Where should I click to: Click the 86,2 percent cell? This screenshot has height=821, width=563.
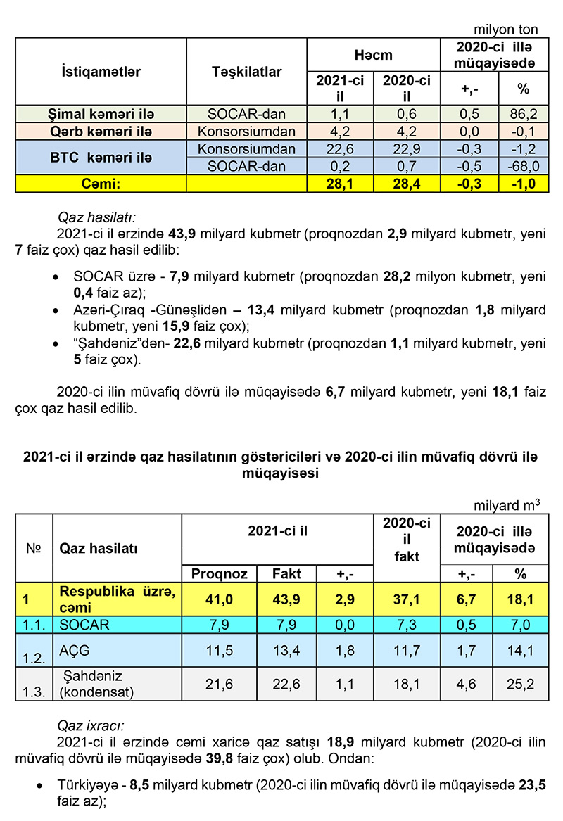coord(523,114)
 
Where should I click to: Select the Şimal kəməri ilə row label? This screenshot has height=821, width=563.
coord(101,114)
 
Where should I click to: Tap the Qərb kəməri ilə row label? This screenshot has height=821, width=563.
coord(101,132)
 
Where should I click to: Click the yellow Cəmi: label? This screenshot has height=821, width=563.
coord(101,184)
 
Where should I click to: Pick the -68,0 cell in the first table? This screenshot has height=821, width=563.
coord(523,167)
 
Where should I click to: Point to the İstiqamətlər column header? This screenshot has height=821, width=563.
coord(101,72)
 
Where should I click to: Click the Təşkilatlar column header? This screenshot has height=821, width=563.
coord(246,72)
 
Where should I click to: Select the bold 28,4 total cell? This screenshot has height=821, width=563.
coord(406,184)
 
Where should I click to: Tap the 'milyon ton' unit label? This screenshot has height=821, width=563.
coord(506,30)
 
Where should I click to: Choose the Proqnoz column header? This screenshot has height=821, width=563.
coord(219,573)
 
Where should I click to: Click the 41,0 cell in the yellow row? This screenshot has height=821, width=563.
coord(219,600)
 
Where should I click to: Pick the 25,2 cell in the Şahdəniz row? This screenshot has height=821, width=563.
coord(521,684)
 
